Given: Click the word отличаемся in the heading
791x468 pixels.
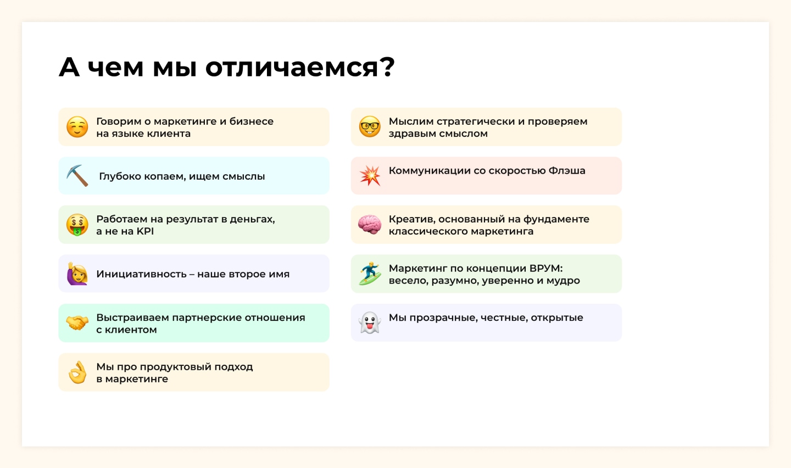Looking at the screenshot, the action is point(300,67).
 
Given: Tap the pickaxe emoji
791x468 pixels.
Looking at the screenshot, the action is point(77,176).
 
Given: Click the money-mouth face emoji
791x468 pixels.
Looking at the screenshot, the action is point(77,225).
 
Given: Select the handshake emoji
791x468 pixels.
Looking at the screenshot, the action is point(77,323).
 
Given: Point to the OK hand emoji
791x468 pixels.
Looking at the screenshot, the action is point(77,372).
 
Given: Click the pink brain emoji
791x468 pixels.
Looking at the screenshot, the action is point(370,224).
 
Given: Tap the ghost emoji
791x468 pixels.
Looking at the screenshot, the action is point(370,322).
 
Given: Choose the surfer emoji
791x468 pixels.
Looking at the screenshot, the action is point(370,274).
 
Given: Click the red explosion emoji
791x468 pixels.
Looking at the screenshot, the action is point(370,176).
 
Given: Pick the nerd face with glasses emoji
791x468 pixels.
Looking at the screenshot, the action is point(370,126).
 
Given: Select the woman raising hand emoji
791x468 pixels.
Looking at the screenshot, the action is point(77,274).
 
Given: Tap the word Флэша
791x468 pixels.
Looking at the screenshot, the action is point(566,171).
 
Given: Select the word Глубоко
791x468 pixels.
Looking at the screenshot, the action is point(120,176).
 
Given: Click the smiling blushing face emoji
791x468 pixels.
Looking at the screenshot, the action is point(77,126).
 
